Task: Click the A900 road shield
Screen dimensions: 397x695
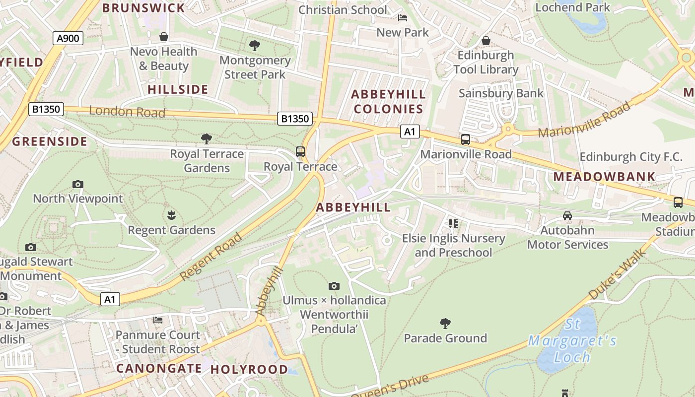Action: tap(68, 38)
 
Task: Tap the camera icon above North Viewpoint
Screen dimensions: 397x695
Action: tap(77, 184)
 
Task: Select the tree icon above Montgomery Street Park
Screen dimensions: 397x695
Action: tap(255, 46)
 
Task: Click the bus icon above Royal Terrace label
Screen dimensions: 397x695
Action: tap(300, 152)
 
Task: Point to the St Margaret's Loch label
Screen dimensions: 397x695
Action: tap(572, 341)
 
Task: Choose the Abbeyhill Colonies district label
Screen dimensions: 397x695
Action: tap(388, 101)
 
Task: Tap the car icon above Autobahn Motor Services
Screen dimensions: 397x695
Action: tap(567, 216)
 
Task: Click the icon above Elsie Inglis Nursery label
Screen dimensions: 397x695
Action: tap(453, 224)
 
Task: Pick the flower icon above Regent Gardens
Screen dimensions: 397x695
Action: tap(172, 215)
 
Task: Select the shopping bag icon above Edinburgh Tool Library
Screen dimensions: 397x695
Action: tap(486, 40)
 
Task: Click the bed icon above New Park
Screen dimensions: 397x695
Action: tap(403, 18)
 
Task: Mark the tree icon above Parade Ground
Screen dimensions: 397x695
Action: tap(445, 324)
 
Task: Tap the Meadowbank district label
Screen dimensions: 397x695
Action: tap(604, 177)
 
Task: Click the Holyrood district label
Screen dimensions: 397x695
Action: tap(249, 369)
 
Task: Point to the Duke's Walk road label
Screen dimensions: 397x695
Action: tap(618, 274)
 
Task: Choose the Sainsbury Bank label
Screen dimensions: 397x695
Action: tap(501, 93)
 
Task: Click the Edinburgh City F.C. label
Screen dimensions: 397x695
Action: tap(631, 157)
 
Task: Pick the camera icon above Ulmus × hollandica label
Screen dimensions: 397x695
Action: tap(334, 286)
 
